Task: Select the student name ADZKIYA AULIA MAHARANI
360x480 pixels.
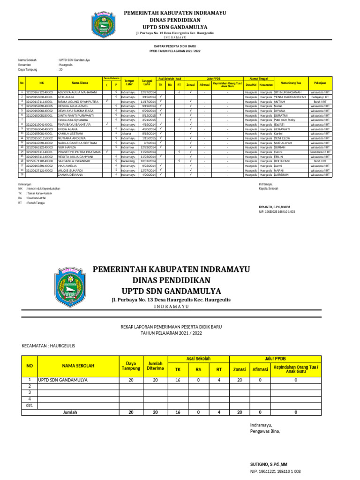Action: [77, 93]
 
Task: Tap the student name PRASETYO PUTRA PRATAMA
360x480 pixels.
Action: [79, 152]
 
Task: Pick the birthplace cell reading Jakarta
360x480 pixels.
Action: [126, 134]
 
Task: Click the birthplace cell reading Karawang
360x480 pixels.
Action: [127, 161]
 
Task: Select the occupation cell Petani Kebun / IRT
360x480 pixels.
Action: [322, 152]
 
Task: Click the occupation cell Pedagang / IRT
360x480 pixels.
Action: [322, 97]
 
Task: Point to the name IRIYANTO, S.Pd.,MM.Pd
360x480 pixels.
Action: [275, 207]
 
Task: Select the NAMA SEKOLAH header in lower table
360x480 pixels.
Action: [78, 366]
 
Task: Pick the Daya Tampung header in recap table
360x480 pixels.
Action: [131, 366]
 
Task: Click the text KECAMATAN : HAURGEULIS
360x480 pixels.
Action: [48, 346]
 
